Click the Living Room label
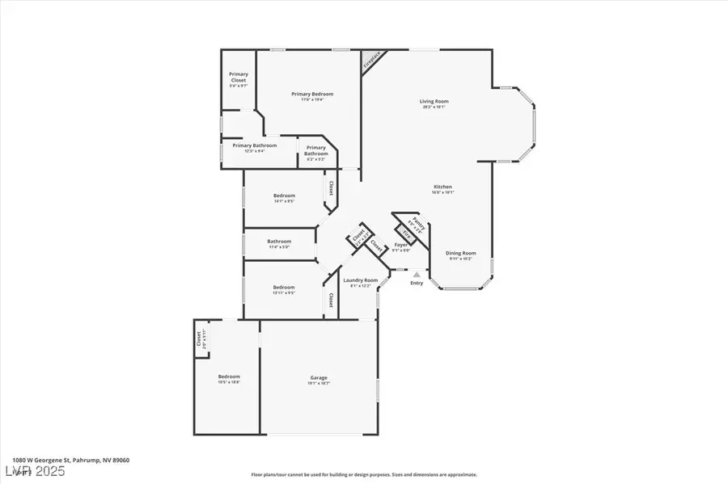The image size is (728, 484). pos(434,102)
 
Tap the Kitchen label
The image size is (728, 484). pos(442,187)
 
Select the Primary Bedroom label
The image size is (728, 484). pos(312,95)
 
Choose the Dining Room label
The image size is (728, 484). pos(461,253)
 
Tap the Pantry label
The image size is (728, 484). pos(417,223)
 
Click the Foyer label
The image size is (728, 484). pos(400,245)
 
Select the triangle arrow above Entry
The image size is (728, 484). pos(417,274)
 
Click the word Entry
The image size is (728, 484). pos(417,283)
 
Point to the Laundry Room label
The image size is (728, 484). pos(361,280)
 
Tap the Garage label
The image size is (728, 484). pos(319,377)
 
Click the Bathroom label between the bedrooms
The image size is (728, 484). pos(279,241)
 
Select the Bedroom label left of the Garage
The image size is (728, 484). pos(229,377)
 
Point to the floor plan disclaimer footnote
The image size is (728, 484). pos(363,475)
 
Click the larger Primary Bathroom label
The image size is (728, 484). pos(255,145)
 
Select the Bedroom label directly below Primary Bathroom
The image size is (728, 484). pos(284,196)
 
